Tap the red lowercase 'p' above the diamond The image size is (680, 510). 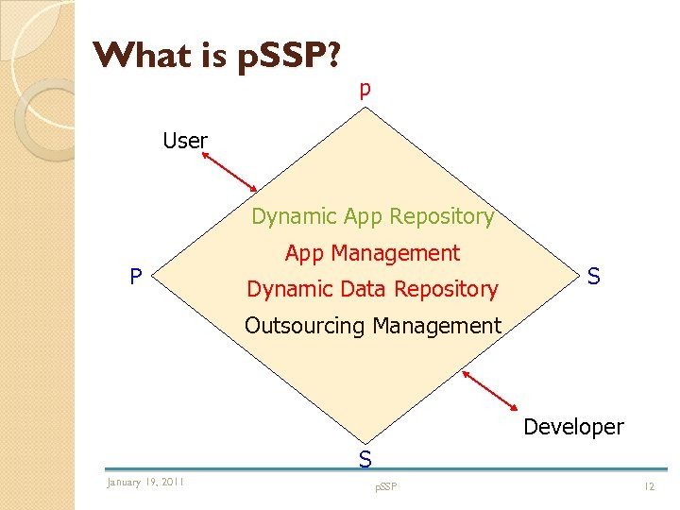(365, 90)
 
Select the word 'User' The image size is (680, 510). (185, 141)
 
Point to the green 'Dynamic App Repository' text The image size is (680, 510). (372, 216)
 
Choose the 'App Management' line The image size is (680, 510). (372, 253)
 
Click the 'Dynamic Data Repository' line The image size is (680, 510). (372, 289)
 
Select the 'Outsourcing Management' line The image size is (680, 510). (372, 326)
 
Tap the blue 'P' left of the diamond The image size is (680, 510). (137, 277)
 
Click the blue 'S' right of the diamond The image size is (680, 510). (593, 277)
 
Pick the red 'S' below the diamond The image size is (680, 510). (365, 460)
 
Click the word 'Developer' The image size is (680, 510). (573, 427)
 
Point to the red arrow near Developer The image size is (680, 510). (495, 391)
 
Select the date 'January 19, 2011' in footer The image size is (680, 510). (145, 483)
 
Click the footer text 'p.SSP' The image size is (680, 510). (385, 485)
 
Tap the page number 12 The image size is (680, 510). (649, 485)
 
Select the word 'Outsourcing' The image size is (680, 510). (304, 326)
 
